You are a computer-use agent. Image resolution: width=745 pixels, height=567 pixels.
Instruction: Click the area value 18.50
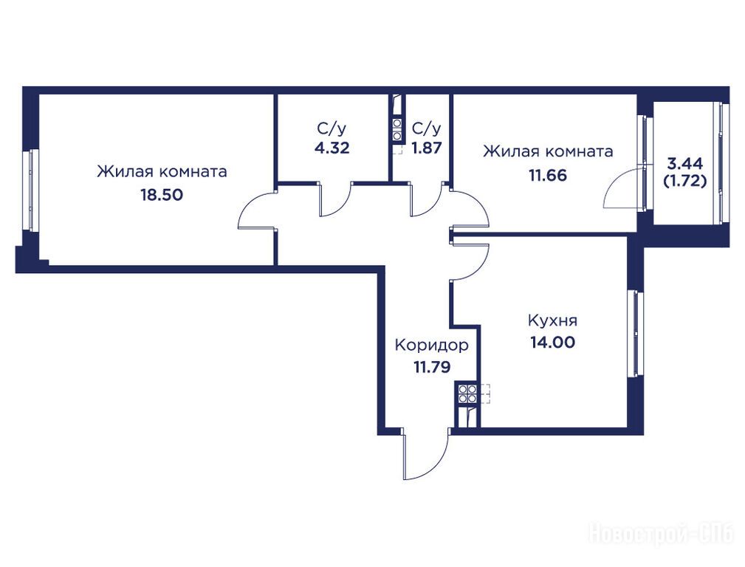click(x=162, y=195)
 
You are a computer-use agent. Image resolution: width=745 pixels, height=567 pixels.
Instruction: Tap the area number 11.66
click(x=548, y=176)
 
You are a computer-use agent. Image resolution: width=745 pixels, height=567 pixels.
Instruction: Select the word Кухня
click(x=552, y=321)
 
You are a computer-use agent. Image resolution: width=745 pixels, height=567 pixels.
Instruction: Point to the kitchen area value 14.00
click(x=552, y=343)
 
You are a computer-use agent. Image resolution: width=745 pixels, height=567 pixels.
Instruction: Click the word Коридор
click(x=431, y=346)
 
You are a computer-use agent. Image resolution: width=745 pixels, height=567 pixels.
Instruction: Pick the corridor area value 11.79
click(x=432, y=367)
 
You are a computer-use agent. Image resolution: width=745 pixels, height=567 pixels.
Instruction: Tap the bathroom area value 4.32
click(x=332, y=148)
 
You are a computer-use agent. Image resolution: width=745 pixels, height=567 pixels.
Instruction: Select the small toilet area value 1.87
click(x=427, y=148)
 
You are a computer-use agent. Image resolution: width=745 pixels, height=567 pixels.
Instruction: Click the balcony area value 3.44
click(x=685, y=164)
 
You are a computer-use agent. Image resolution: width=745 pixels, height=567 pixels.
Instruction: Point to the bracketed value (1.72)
click(x=685, y=181)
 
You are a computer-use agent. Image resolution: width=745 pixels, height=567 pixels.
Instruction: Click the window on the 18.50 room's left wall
click(x=32, y=190)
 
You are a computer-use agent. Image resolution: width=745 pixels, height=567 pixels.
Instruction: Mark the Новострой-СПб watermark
click(x=662, y=534)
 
